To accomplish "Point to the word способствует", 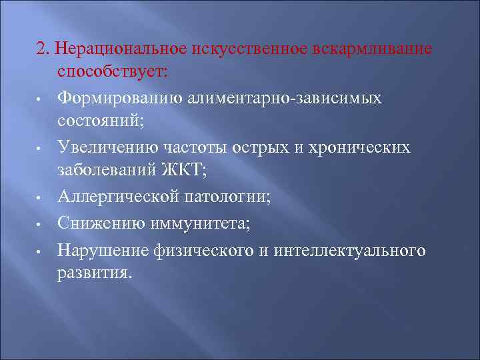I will coord(115,73).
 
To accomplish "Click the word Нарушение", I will coord(103,250).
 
